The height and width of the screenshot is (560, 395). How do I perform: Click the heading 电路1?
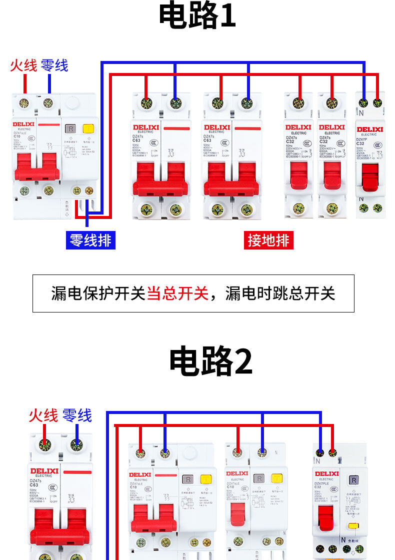[x=197, y=16]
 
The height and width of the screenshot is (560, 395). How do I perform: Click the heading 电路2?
[x=210, y=361]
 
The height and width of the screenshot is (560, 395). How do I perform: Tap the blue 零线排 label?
[x=90, y=240]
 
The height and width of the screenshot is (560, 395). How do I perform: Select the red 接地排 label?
[x=268, y=240]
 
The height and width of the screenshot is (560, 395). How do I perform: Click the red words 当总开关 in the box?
[x=177, y=293]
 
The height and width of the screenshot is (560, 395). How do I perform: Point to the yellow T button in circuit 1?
[x=89, y=129]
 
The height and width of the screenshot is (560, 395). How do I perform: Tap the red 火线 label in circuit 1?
[x=23, y=65]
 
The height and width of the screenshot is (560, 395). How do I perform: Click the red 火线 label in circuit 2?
[x=43, y=415]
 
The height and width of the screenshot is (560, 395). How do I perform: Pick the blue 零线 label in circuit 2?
[x=77, y=415]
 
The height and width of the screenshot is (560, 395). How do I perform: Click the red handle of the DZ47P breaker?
[x=370, y=177]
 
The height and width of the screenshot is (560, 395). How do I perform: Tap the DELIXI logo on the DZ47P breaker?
[x=370, y=129]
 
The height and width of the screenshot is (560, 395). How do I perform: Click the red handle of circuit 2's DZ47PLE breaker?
[x=326, y=520]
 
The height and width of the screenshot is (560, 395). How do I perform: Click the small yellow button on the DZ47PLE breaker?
[x=353, y=525]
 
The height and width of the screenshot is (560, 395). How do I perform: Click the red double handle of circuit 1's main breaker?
[x=36, y=167]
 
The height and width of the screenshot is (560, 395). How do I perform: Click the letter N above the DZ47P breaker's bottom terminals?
[x=360, y=198]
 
